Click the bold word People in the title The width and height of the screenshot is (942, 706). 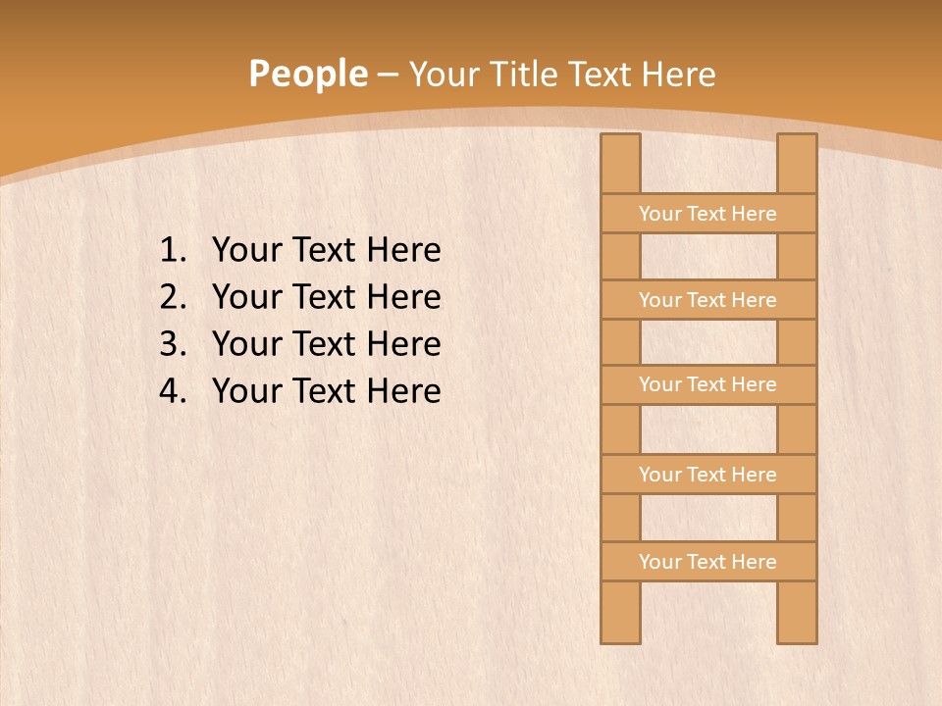coord(307,74)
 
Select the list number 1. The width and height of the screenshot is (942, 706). coord(172,250)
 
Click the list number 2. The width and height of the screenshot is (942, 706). coord(172,297)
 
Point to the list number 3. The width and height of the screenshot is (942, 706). coord(172,344)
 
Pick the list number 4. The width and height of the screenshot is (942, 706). coord(172,391)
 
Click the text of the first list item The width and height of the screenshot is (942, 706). coord(326,250)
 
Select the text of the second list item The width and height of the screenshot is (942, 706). coord(326,297)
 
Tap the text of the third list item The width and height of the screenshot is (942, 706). coord(326,344)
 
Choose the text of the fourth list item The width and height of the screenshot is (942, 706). coord(326,391)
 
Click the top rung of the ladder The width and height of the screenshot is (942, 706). coord(708,214)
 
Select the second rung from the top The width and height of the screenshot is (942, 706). coord(708,300)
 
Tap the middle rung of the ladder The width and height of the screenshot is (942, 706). coord(708,384)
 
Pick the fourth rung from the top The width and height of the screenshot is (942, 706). coord(708,475)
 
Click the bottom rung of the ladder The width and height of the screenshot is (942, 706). coord(708,562)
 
